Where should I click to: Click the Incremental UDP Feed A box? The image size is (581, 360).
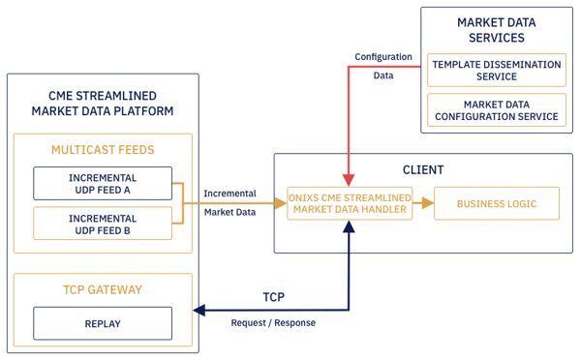[x=103, y=184]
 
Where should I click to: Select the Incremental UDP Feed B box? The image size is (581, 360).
[x=103, y=225]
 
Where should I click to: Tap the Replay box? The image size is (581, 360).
[x=103, y=323]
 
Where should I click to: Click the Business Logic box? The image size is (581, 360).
[x=496, y=203]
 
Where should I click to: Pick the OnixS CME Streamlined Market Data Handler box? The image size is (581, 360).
[x=350, y=204]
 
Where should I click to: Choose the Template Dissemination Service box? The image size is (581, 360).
[x=496, y=70]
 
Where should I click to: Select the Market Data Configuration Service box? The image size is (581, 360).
[x=496, y=109]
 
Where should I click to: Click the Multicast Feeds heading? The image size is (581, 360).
[x=103, y=150]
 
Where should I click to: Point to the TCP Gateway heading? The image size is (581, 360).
[x=103, y=289]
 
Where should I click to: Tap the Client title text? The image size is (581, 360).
[x=422, y=169]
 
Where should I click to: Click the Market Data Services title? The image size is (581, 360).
[x=496, y=29]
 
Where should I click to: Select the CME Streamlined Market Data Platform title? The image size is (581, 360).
[x=103, y=103]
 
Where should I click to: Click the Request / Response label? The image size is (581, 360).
[x=273, y=323]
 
